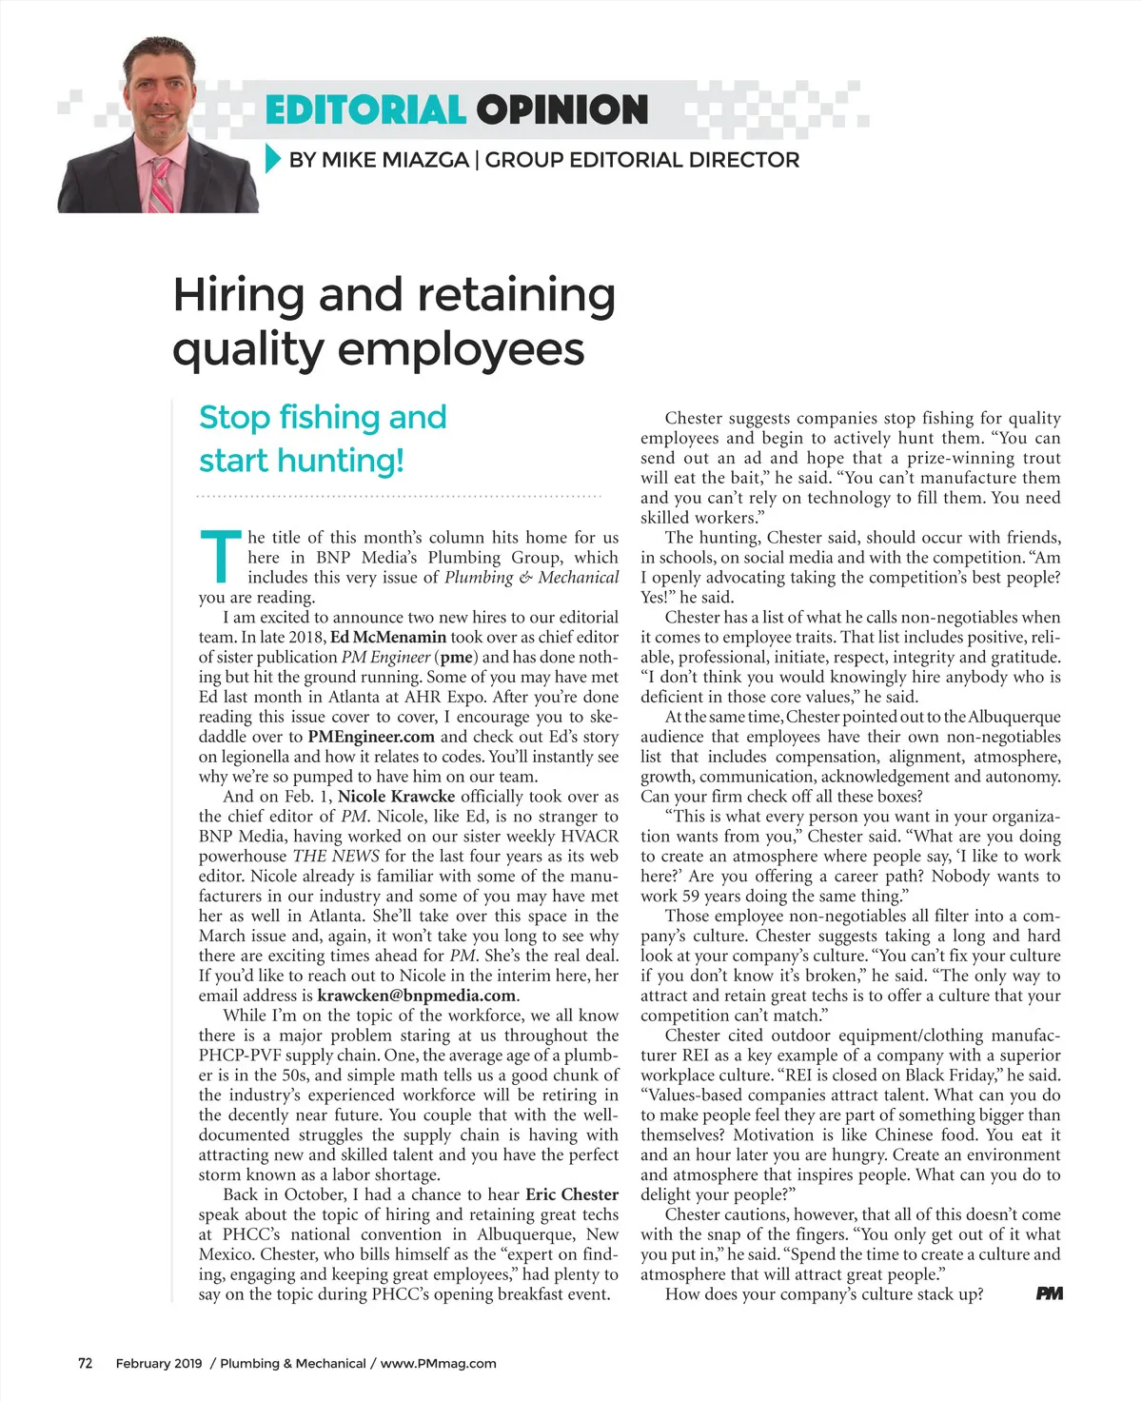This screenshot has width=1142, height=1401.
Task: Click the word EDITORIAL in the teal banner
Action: (364, 110)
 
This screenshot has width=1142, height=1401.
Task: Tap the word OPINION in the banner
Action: (562, 110)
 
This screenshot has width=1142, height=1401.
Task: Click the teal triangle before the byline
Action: (273, 159)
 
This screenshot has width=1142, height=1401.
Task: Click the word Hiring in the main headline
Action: (239, 295)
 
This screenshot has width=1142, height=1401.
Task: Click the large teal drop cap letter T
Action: (220, 557)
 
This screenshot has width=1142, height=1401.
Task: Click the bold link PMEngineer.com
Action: (371, 737)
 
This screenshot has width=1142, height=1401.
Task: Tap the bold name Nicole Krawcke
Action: (397, 797)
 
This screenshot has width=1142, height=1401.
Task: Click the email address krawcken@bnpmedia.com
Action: (417, 996)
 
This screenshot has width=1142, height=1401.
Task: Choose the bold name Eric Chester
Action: (572, 1194)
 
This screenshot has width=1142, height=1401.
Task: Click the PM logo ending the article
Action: (1049, 1293)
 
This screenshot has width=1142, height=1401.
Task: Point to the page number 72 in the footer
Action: (86, 1363)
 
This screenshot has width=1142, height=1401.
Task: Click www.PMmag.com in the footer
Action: (439, 1363)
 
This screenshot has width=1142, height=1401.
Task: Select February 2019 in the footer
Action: (159, 1363)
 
